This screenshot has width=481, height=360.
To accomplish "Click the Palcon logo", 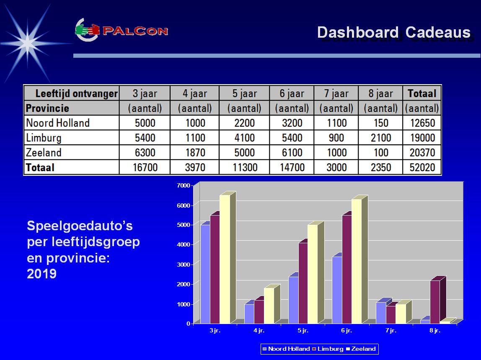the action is coord(122,30).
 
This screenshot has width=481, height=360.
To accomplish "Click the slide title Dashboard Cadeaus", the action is coord(394,33).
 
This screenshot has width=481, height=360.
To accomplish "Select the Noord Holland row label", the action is coord(58,123).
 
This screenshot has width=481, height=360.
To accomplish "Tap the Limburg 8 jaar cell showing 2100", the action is coord(381,138).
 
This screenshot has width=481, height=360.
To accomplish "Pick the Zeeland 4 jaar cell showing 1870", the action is coord(195,152).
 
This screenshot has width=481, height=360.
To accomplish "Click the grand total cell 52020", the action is coord(422,167).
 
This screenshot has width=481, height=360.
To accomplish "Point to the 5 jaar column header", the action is coord(245,93).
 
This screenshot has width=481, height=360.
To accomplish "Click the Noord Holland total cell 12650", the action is coord(422,123).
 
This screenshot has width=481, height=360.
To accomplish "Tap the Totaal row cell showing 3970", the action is coord(195,167).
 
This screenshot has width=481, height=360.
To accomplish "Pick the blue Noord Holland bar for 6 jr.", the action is coord(337,290).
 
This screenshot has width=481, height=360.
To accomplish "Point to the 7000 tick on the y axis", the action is coord(184,185).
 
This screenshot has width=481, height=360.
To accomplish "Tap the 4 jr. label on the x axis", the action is coord(259,331).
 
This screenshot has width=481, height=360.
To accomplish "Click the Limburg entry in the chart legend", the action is coord(328,349).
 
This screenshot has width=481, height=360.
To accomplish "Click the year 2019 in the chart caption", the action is coord(42,274).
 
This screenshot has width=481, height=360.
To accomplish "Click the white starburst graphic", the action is coord(28,43).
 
